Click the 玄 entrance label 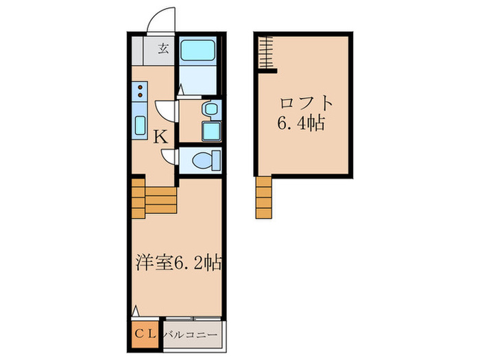point(164,48)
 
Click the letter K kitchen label point(160,136)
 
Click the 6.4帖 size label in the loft point(302,125)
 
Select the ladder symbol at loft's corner point(266,53)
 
